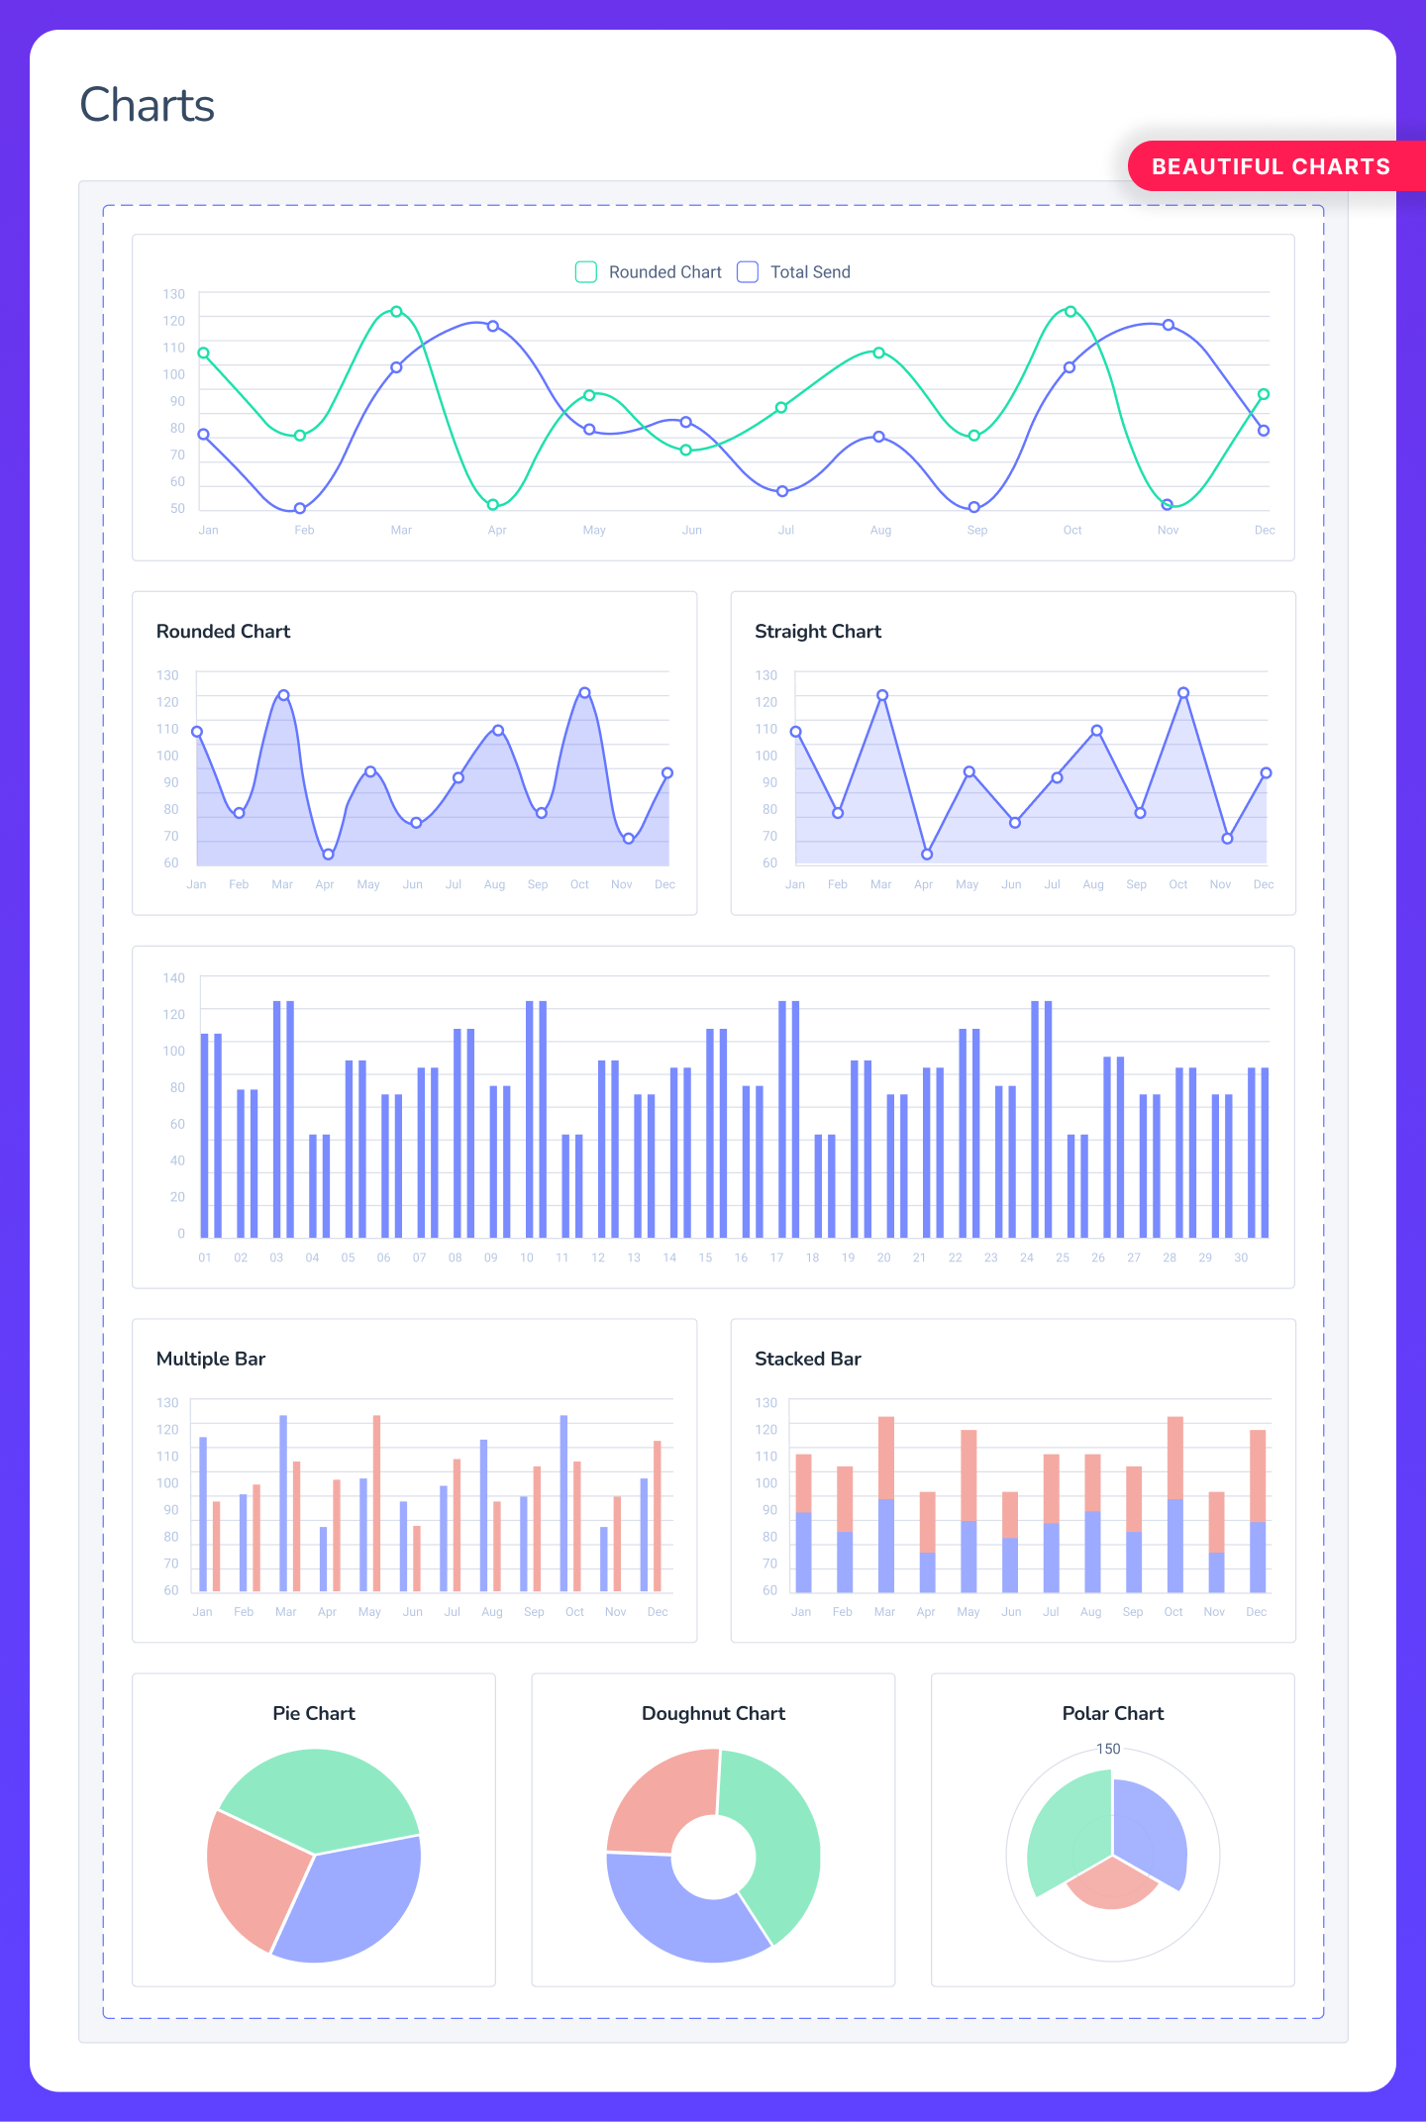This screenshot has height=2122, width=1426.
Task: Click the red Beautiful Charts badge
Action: click(x=1272, y=166)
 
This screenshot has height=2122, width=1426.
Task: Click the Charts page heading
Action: click(x=147, y=105)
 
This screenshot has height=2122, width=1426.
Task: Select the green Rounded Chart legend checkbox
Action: click(x=586, y=272)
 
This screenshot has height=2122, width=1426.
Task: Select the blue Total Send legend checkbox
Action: click(x=748, y=272)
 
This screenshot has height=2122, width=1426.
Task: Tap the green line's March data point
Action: click(x=396, y=312)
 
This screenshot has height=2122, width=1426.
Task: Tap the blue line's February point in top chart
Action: click(x=300, y=509)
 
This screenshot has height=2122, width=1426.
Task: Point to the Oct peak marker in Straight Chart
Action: click(x=1183, y=693)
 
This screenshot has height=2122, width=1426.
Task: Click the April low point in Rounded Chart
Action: click(x=328, y=855)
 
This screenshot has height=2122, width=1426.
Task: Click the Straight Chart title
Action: click(x=817, y=632)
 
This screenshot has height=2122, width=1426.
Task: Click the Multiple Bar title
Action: click(x=211, y=1359)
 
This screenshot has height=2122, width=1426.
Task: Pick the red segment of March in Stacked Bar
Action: click(x=886, y=1457)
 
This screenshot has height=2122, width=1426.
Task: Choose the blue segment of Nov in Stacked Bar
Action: click(x=1216, y=1571)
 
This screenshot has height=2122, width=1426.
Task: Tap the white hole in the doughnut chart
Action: click(x=713, y=1858)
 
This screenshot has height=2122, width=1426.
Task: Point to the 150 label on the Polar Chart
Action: click(x=1108, y=1749)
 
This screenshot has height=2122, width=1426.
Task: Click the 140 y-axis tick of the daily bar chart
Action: click(x=174, y=978)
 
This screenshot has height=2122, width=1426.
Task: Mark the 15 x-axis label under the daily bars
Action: click(x=705, y=1258)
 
